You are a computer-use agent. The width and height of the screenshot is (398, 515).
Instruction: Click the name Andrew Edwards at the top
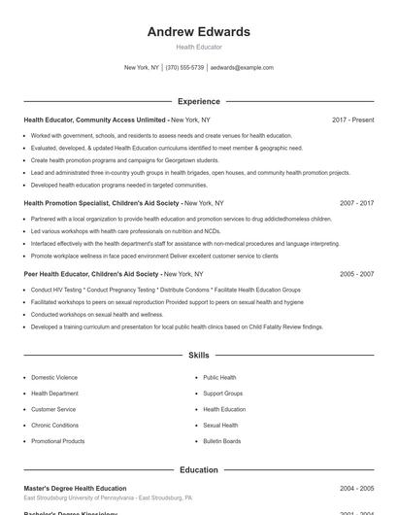coord(199,32)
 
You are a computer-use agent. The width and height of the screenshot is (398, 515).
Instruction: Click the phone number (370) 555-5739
coord(184,68)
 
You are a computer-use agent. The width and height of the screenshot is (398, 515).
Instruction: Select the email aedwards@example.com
coord(242,68)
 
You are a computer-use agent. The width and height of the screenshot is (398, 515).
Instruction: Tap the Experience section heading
coord(199,101)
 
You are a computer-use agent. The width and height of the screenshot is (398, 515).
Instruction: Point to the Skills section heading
coord(199,356)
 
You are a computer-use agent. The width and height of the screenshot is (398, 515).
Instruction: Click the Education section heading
coord(199,469)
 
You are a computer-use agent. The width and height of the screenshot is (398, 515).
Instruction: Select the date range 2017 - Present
coord(352,120)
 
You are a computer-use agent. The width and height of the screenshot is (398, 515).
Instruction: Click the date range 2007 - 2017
coord(356,203)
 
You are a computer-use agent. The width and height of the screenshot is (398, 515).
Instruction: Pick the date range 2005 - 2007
coord(356,274)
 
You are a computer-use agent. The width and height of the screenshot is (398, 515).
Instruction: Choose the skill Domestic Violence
coord(54,377)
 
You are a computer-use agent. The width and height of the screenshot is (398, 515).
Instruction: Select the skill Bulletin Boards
coord(222,441)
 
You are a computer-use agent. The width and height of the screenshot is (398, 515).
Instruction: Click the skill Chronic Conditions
coord(55,425)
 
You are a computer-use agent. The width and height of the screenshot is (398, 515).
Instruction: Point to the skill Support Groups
coord(223,394)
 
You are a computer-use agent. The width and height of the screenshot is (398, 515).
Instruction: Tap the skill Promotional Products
coord(58,441)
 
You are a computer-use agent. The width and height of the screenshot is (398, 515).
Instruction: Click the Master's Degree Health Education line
coord(75,488)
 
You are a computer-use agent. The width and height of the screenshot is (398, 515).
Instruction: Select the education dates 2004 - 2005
coord(356,488)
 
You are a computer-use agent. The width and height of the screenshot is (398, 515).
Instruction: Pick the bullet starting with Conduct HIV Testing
coord(165,290)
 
